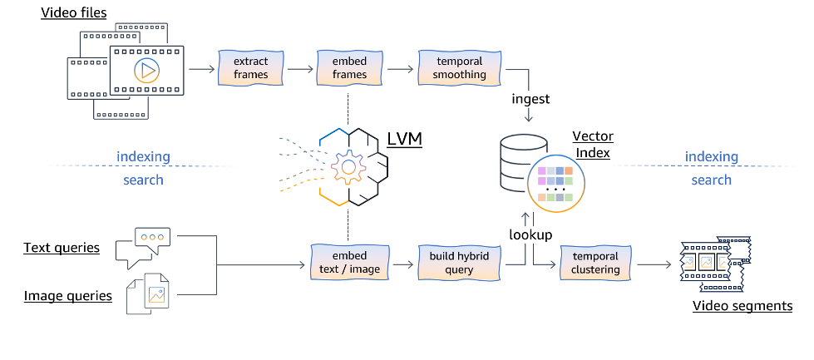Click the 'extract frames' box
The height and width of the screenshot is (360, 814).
click(x=250, y=68)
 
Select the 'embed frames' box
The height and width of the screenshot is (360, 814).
click(x=350, y=68)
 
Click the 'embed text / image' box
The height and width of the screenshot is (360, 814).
click(x=350, y=263)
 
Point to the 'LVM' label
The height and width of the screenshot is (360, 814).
click(x=404, y=139)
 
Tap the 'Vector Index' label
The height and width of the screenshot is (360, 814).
click(x=591, y=144)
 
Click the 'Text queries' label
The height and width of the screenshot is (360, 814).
click(x=62, y=248)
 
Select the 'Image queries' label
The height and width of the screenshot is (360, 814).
click(x=67, y=295)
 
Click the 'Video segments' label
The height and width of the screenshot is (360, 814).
click(x=742, y=306)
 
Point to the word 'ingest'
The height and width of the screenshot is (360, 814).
click(x=530, y=98)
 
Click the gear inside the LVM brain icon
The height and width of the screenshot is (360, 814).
click(x=348, y=167)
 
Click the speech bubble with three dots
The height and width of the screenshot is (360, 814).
click(x=150, y=240)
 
